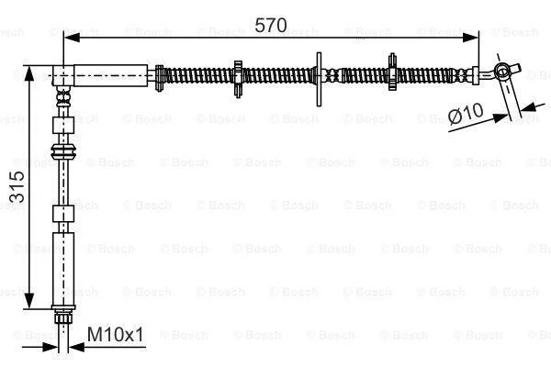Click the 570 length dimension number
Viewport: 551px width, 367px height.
point(271,26)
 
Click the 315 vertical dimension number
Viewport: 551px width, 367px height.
point(17,187)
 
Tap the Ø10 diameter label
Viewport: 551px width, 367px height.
point(467,113)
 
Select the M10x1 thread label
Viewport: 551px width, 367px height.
point(116,334)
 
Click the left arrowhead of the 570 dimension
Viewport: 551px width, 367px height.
point(73,38)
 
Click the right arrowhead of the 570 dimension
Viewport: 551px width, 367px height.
point(470,38)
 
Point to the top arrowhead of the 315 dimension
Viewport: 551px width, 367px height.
point(29,74)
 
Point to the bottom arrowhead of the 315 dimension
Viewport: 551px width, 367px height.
point(29,300)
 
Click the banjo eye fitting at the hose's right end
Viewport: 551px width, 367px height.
point(503,71)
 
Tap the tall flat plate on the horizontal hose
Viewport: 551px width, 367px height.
point(319,80)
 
